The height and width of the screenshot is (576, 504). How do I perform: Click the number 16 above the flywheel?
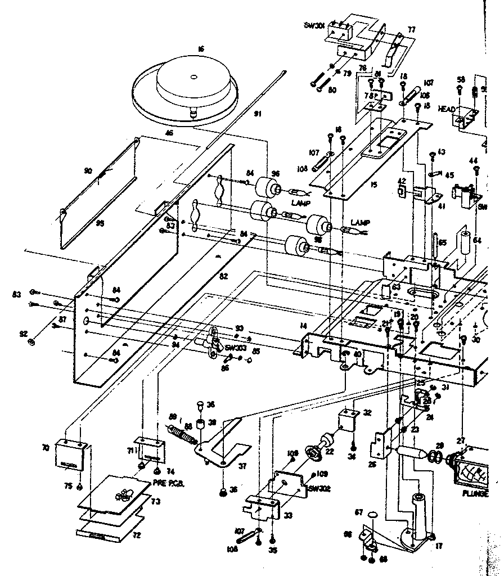tap(200, 49)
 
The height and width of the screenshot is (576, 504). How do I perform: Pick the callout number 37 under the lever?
tap(244, 465)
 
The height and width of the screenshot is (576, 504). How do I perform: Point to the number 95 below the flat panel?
tap(100, 223)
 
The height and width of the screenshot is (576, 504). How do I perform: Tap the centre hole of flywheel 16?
tap(193, 76)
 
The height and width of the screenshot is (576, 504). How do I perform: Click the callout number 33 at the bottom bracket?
tap(289, 514)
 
